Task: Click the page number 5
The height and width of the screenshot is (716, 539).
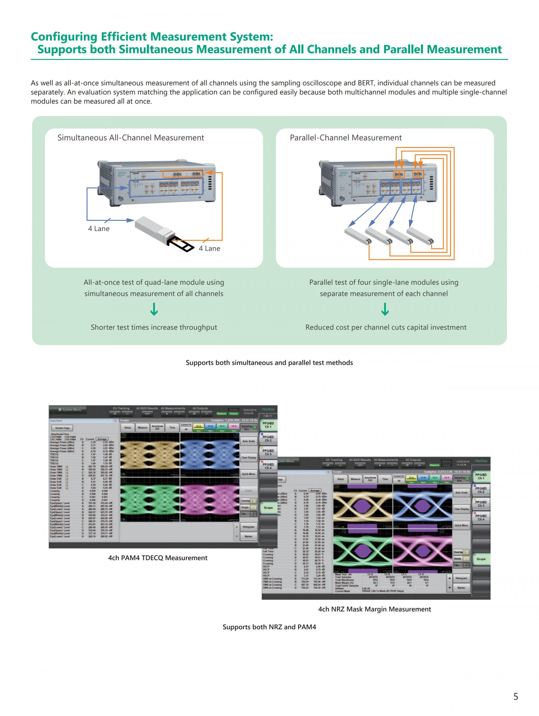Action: [516, 696]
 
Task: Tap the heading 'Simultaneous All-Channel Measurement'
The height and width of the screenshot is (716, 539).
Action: [131, 138]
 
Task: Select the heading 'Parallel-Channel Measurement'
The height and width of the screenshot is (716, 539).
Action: [346, 138]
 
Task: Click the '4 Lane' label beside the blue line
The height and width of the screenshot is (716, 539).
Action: [99, 229]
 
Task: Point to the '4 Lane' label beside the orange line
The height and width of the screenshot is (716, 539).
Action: [209, 248]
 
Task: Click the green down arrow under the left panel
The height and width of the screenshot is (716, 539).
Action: [154, 309]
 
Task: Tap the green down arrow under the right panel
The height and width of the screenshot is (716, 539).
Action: [385, 309]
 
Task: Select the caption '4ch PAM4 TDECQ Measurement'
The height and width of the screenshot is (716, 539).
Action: [157, 558]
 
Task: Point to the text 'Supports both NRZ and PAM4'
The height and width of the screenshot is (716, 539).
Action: [269, 627]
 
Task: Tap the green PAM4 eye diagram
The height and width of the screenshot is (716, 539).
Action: [149, 499]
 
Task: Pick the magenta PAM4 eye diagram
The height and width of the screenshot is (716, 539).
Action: [210, 499]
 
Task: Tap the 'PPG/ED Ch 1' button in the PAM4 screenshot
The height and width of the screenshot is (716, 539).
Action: [268, 425]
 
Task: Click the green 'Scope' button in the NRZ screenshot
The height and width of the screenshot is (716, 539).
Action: [481, 559]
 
